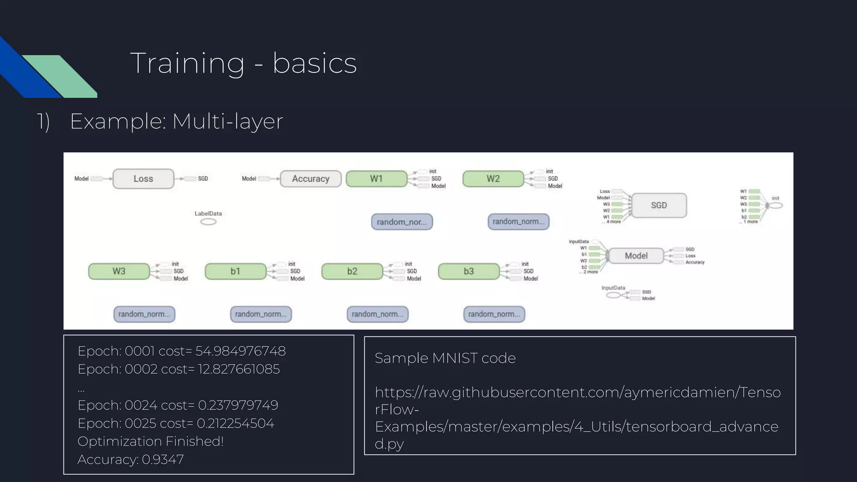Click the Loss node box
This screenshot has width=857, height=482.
pyautogui.click(x=143, y=179)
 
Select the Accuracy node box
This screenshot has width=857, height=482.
pyautogui.click(x=310, y=179)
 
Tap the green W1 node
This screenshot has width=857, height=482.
pyautogui.click(x=376, y=179)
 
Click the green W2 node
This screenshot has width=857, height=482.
pyautogui.click(x=493, y=179)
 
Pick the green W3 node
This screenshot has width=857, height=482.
pyautogui.click(x=119, y=271)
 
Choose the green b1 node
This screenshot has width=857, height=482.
pyautogui.click(x=235, y=271)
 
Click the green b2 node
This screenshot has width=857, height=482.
pyautogui.click(x=352, y=271)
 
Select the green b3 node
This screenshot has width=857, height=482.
pyautogui.click(x=469, y=271)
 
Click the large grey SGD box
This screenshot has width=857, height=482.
pyautogui.click(x=659, y=205)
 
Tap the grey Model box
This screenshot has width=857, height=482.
pyautogui.click(x=636, y=256)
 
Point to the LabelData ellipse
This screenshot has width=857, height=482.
pyautogui.click(x=208, y=222)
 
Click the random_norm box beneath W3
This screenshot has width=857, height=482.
pyautogui.click(x=144, y=314)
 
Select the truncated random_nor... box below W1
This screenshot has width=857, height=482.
pyautogui.click(x=402, y=222)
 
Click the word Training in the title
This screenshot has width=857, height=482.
pyautogui.click(x=187, y=63)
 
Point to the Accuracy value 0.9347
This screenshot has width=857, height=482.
pyautogui.click(x=162, y=459)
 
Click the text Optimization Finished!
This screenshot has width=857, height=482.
pyautogui.click(x=151, y=441)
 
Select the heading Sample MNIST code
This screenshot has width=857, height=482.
pyautogui.click(x=445, y=358)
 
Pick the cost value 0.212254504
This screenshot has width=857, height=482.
pyautogui.click(x=235, y=423)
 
